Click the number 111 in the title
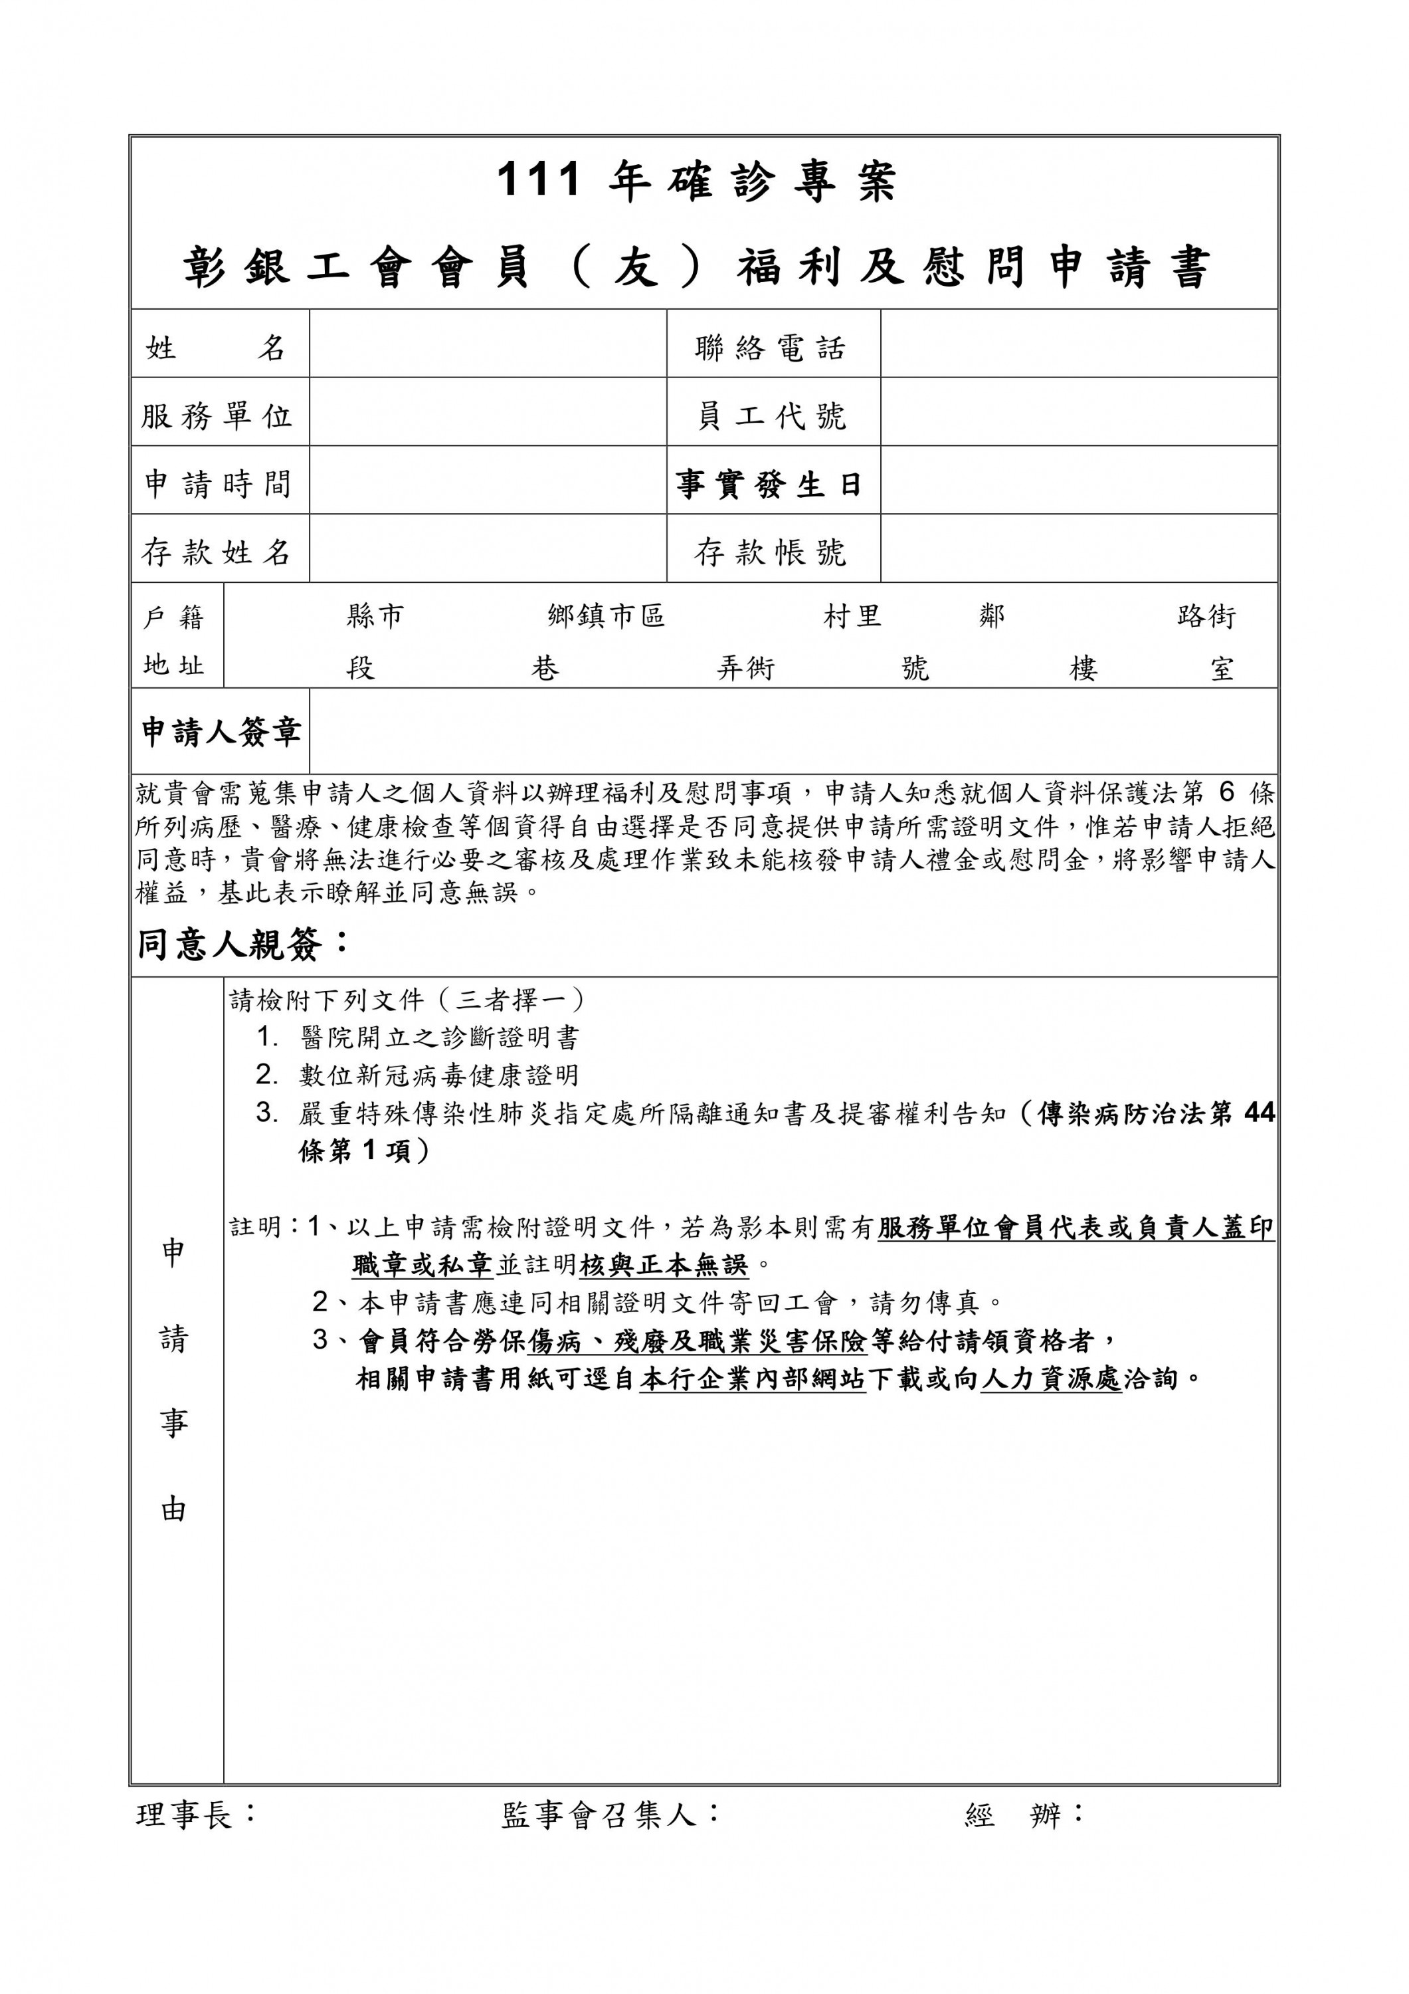pos(537,181)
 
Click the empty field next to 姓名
pos(487,344)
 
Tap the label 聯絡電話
pos(770,348)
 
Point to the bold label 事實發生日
pos(769,485)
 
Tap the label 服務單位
pos(218,416)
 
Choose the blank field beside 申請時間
pos(487,481)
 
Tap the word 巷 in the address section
pos(545,668)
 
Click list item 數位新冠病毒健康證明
pos(439,1075)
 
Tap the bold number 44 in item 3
pos(1259,1113)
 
